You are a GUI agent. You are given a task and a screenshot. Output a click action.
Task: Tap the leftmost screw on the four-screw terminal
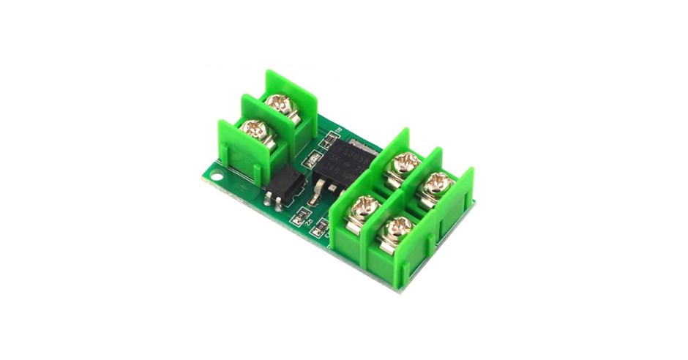coord(361,209)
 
